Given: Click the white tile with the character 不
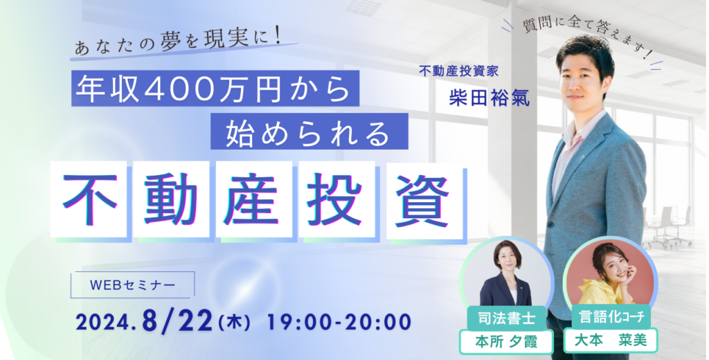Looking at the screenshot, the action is coord(89,199).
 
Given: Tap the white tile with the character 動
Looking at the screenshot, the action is coord(171,199).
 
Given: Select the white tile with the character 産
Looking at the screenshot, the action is coord(253,199).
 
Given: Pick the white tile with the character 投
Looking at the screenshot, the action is coord(336,199).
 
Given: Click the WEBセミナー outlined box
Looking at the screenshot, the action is coord(132,285).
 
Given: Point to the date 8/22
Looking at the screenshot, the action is coord(177,321).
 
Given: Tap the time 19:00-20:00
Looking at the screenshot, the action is coord(339,322).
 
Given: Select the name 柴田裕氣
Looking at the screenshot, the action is coord(490,97).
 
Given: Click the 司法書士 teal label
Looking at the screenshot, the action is coord(508,318).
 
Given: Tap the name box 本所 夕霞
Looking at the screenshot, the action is coord(506,341).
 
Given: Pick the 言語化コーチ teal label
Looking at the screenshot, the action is coord(608,316).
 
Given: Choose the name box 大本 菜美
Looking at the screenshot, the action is coord(611,341).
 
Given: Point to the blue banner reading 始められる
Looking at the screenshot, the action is coord(309,131).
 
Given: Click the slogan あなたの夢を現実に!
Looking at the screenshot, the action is coord(178,44).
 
